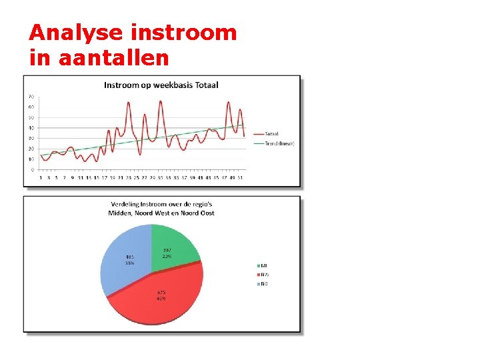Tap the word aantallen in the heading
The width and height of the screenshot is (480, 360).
pyautogui.click(x=113, y=58)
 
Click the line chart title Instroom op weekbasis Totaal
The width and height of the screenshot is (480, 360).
pyautogui.click(x=161, y=85)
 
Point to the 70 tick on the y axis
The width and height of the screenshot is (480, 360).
pyautogui.click(x=31, y=97)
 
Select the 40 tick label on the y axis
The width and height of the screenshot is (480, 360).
pyautogui.click(x=31, y=128)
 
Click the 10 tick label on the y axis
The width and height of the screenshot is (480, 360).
pyautogui.click(x=31, y=159)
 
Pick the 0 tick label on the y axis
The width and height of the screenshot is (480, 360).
pyautogui.click(x=33, y=170)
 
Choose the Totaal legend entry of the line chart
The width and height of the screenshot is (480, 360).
pyautogui.click(x=271, y=133)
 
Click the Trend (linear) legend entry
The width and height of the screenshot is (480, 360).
pyautogui.click(x=279, y=143)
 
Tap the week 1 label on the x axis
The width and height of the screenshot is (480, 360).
pyautogui.click(x=41, y=178)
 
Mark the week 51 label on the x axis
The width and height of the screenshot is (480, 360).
pyautogui.click(x=240, y=178)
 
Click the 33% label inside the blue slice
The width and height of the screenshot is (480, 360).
pyautogui.click(x=129, y=263)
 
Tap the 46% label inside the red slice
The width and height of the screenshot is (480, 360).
pyautogui.click(x=161, y=299)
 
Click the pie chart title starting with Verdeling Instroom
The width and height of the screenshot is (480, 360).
pyautogui.click(x=162, y=208)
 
